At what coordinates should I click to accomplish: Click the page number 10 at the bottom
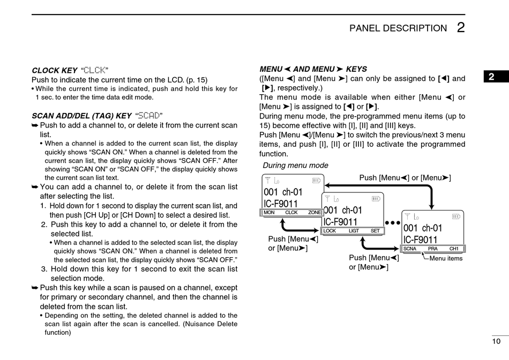[496, 341]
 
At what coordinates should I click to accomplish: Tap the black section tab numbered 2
[491, 77]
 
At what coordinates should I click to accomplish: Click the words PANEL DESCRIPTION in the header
[398, 28]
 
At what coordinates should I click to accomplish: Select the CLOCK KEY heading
[55, 70]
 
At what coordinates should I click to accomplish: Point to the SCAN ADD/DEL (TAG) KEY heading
[81, 115]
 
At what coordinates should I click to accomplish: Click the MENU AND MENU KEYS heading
[313, 69]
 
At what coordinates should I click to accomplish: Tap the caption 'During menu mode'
[295, 166]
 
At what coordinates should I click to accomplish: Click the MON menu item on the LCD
[269, 212]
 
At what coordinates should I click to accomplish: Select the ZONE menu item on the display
[315, 212]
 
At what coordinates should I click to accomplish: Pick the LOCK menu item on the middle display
[330, 231]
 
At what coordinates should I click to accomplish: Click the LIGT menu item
[354, 231]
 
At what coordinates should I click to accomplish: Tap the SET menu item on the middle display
[375, 231]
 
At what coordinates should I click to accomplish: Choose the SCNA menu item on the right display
[410, 249]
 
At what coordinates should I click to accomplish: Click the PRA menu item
[433, 249]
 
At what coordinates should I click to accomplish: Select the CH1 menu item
[454, 249]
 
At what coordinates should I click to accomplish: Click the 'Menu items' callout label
[446, 258]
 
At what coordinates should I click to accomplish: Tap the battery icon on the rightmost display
[456, 216]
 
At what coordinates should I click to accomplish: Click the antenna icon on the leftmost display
[267, 180]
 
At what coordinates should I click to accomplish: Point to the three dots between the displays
[393, 222]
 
